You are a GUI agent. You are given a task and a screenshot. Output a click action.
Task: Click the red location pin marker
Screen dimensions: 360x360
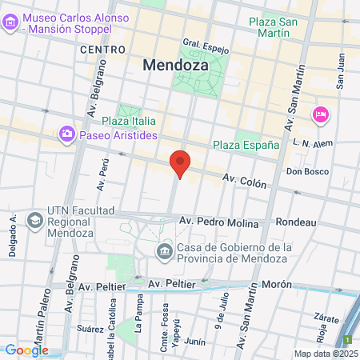(x=181, y=164)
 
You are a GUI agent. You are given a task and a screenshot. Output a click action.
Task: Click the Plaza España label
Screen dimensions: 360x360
(x=246, y=145)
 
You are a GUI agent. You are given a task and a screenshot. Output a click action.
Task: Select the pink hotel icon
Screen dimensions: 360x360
(x=321, y=114)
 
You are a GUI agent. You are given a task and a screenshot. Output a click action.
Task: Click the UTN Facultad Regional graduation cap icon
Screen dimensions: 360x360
(x=35, y=218)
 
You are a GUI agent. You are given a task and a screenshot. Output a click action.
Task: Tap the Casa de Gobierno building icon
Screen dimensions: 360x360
(x=164, y=252)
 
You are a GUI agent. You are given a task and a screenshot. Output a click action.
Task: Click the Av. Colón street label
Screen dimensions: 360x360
(x=243, y=182)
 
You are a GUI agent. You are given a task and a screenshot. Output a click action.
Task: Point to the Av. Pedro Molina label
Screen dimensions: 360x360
(x=219, y=221)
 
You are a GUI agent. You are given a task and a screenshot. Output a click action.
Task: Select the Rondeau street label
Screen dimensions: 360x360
(x=295, y=222)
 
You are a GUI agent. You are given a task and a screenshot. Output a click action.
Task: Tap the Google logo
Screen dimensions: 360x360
(x=26, y=350)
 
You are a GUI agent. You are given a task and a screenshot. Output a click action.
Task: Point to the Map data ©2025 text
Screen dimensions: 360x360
(x=326, y=353)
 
